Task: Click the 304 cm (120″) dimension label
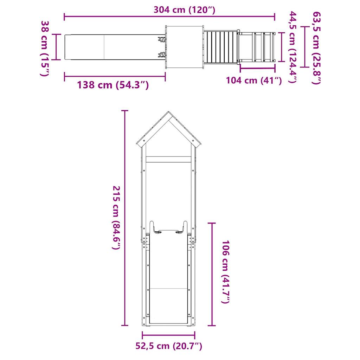(x=184, y=9)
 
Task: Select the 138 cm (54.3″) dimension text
(x=112, y=85)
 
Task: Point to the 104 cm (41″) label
(x=254, y=80)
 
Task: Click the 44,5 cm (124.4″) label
(x=292, y=47)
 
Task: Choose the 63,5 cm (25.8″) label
(x=316, y=48)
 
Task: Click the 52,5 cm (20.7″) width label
(x=169, y=346)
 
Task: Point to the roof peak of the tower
(x=168, y=113)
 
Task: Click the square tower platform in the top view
(x=185, y=47)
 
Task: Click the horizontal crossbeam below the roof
(x=168, y=159)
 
